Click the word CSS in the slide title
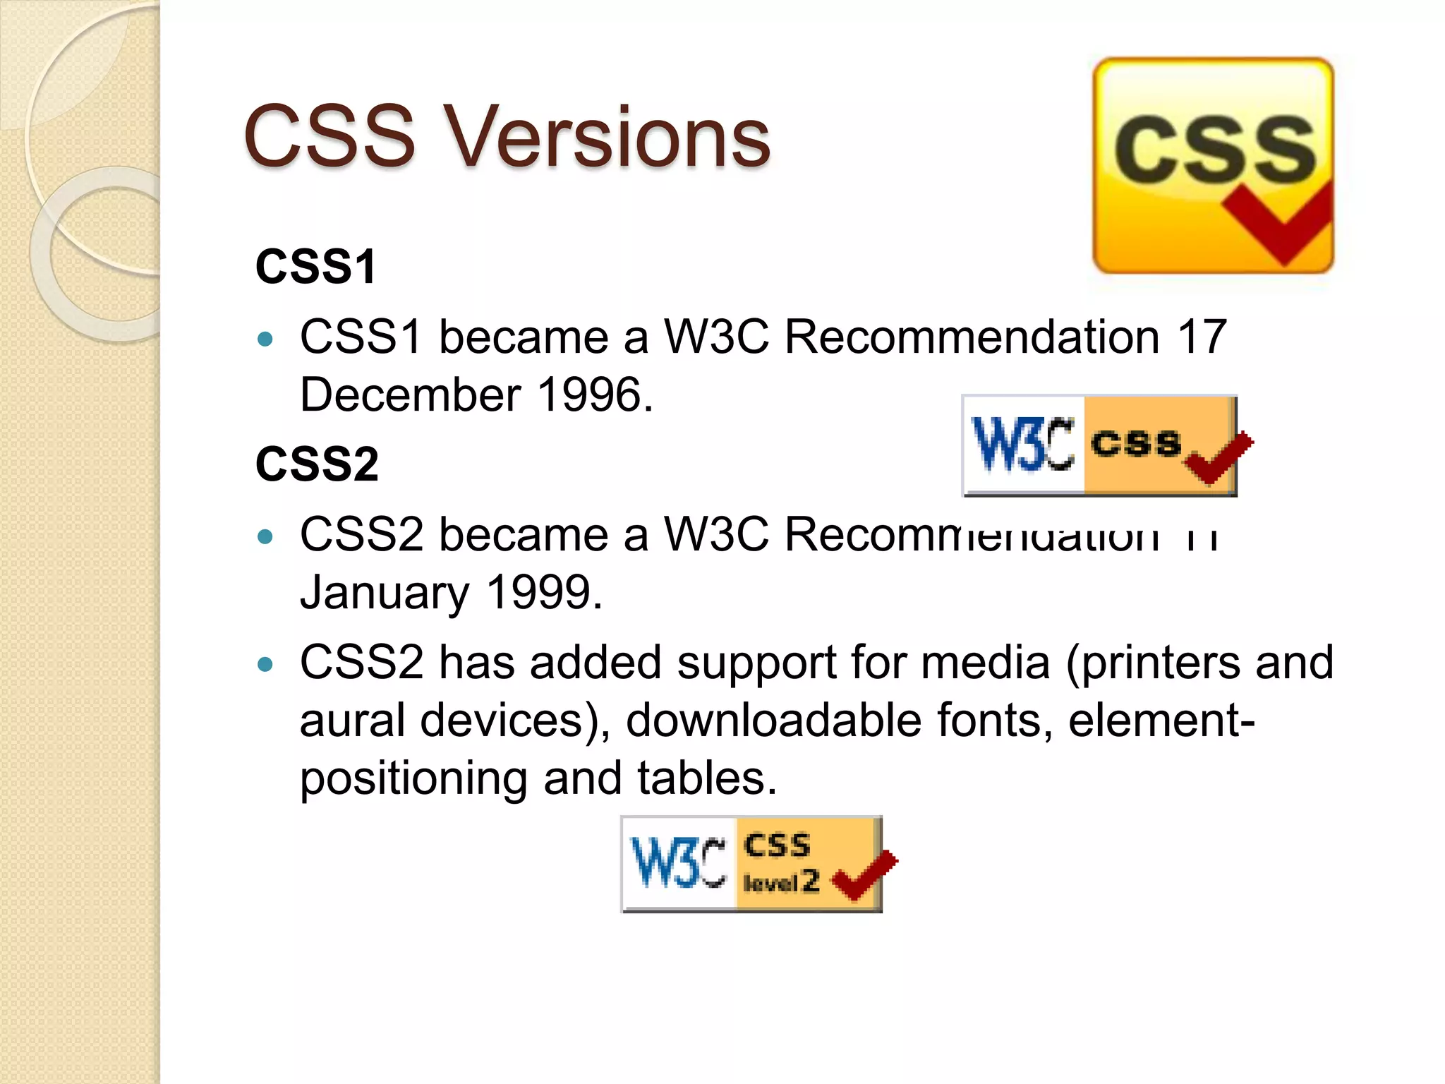click(329, 137)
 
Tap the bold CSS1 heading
click(315, 267)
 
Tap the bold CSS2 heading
click(317, 464)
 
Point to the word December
click(410, 395)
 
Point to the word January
click(384, 594)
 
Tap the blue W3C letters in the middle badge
click(1022, 445)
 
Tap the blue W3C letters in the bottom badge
click(678, 863)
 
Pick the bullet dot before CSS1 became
click(265, 339)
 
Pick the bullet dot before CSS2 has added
click(265, 665)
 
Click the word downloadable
click(773, 721)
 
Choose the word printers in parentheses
click(1161, 663)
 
